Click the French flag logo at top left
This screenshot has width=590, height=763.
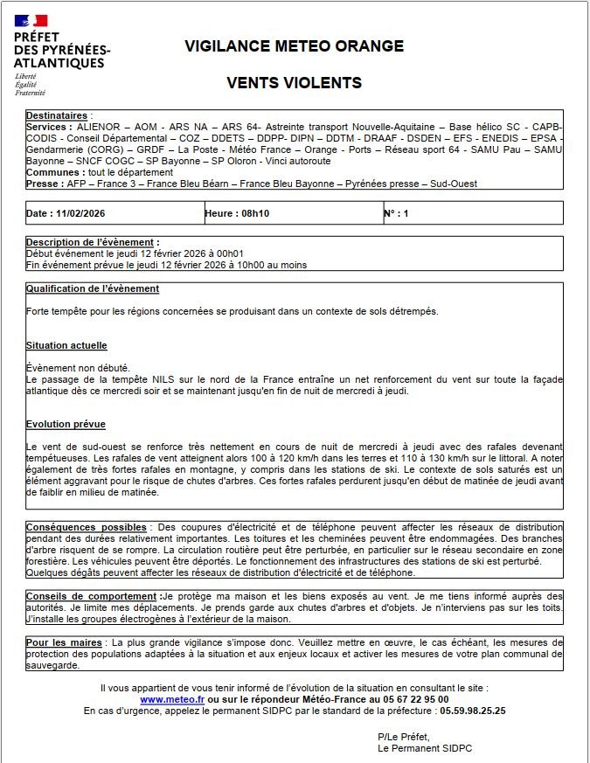tap(31, 18)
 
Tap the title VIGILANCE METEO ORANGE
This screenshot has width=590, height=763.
tap(294, 46)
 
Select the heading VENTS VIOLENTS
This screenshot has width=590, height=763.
tap(294, 83)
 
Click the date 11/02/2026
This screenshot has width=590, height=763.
tap(80, 213)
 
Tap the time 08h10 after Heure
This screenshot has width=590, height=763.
tap(253, 213)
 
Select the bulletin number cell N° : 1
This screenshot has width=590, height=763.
tap(396, 213)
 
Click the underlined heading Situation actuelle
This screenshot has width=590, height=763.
tap(66, 345)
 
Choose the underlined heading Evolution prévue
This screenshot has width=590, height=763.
tap(66, 424)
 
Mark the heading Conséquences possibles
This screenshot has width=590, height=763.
tap(86, 527)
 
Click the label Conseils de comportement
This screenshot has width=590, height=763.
tap(93, 595)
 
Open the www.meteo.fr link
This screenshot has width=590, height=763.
tap(171, 699)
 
